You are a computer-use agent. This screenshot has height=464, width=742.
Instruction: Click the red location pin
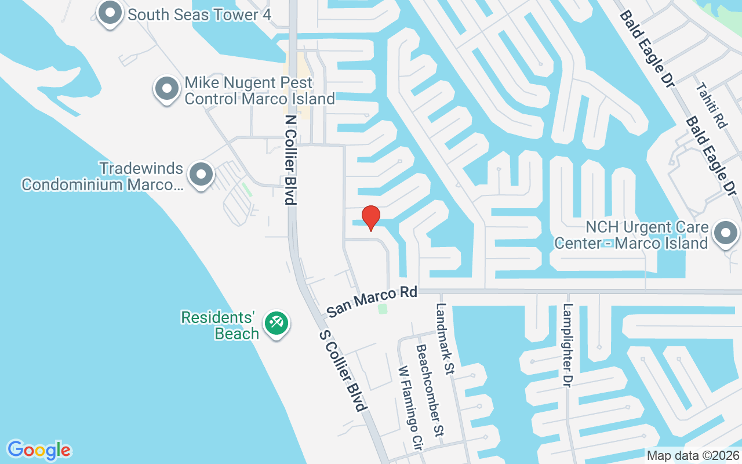(x=371, y=217)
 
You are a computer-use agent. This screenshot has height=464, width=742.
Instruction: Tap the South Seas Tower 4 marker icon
(x=110, y=12)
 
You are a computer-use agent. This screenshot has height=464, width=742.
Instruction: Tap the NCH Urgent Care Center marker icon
(x=725, y=233)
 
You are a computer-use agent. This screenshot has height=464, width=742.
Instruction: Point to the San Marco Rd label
(x=372, y=302)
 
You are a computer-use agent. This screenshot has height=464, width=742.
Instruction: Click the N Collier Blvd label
(x=290, y=158)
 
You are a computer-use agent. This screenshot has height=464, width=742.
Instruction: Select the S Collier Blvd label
(x=344, y=371)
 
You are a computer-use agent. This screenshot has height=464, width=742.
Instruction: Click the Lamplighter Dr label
(x=568, y=346)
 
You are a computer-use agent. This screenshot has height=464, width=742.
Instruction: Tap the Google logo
(x=39, y=450)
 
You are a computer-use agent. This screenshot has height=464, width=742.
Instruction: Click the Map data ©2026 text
(x=693, y=455)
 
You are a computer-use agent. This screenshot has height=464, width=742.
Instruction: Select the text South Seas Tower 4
(x=199, y=14)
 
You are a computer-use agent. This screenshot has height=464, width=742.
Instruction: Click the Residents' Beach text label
(x=219, y=325)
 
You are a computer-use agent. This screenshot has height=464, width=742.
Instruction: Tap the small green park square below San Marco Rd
(x=383, y=309)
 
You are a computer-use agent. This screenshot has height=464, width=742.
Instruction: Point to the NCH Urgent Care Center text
(x=631, y=234)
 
